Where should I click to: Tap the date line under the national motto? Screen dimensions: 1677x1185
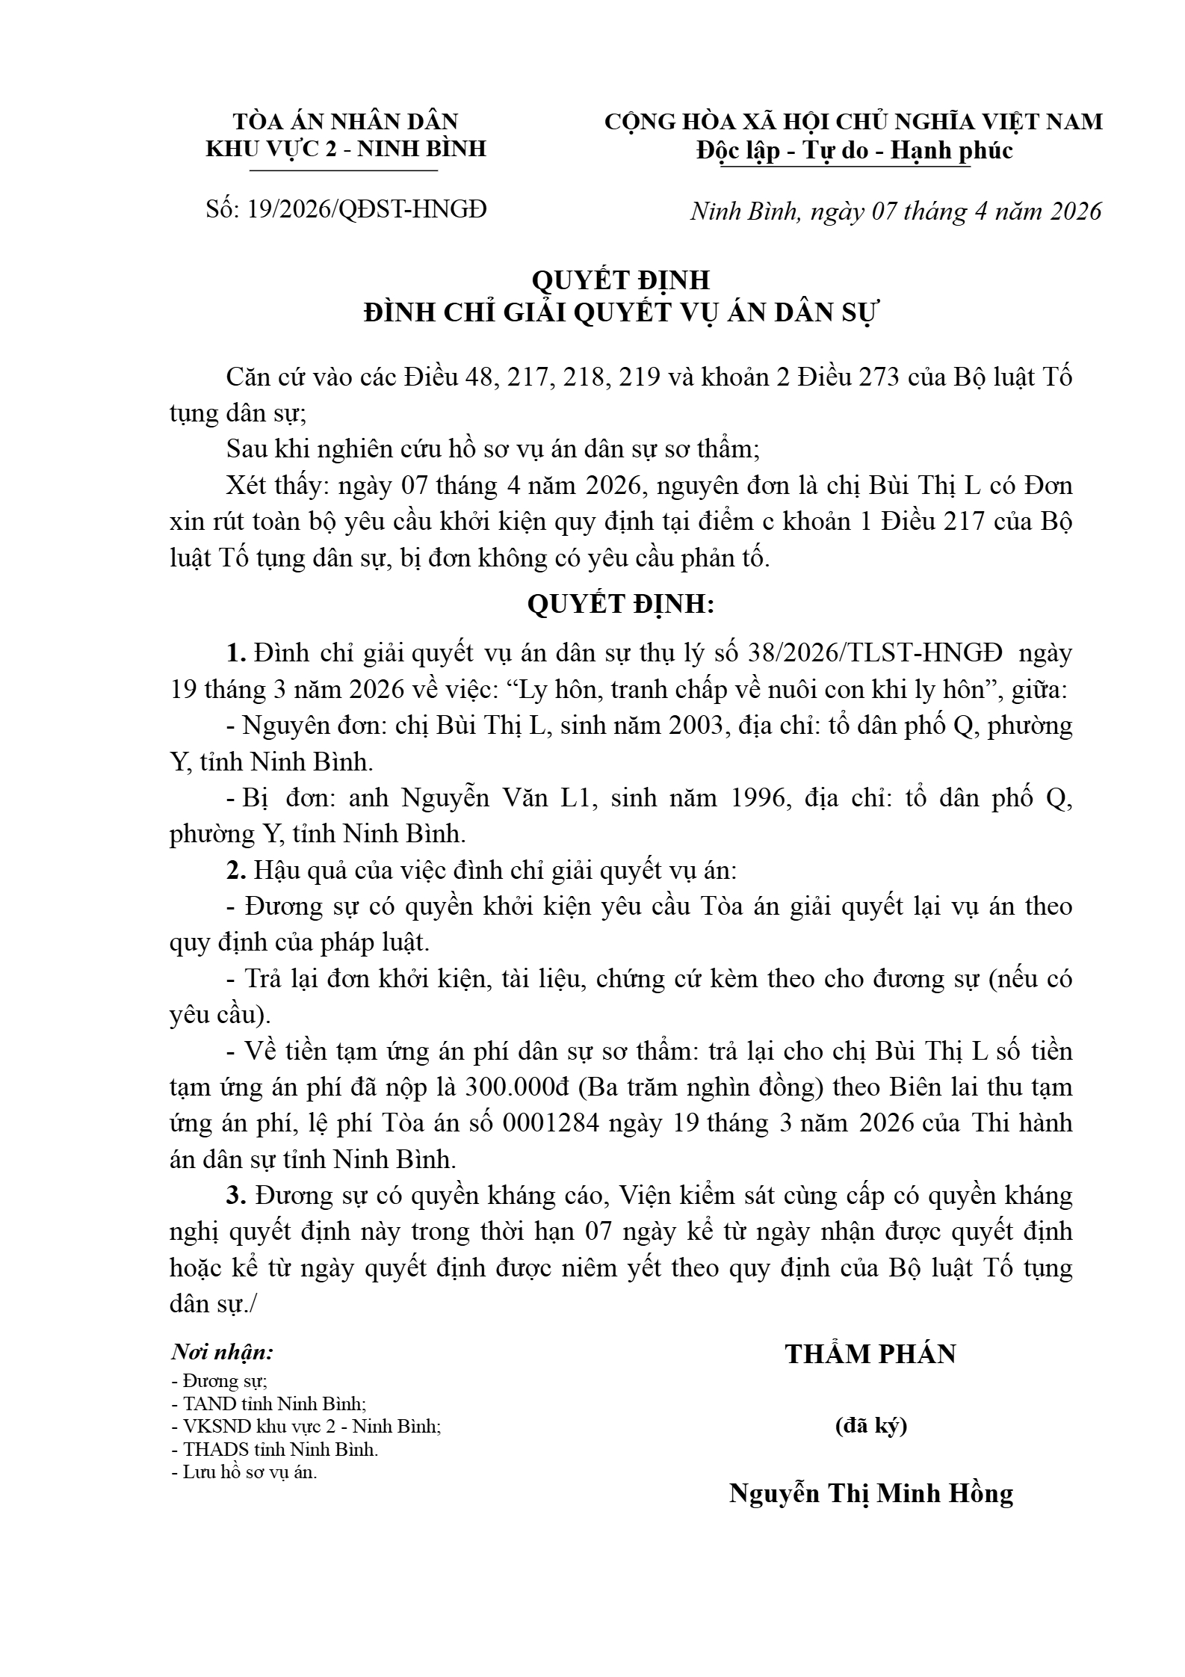point(895,211)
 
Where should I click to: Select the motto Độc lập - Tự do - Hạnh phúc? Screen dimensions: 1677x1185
point(854,151)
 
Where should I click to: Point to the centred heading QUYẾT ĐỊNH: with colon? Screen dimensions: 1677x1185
point(621,604)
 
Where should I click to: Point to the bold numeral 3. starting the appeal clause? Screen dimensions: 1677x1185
point(236,1196)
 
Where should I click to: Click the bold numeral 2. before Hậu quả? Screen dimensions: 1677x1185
point(236,871)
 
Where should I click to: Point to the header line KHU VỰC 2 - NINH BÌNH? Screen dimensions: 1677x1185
point(346,149)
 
